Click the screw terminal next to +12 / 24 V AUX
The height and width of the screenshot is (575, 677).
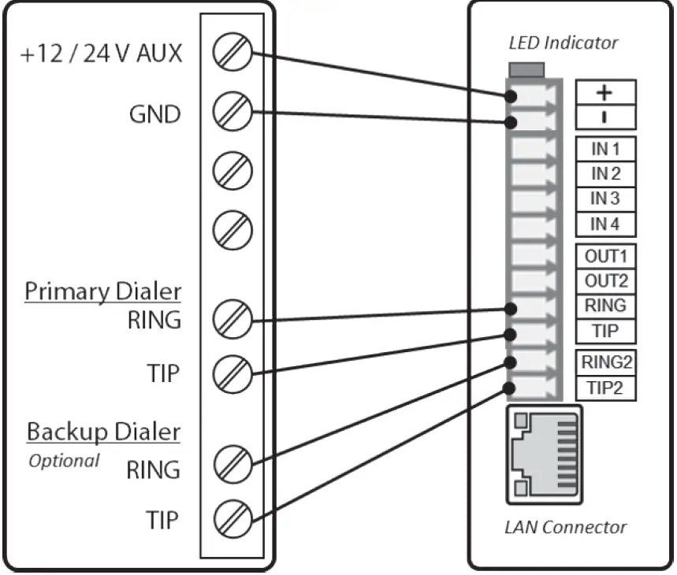click(x=232, y=53)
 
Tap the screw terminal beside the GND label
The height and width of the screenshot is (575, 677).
click(x=232, y=111)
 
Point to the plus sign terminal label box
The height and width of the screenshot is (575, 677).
click(x=604, y=93)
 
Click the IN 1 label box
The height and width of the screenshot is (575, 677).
click(x=604, y=148)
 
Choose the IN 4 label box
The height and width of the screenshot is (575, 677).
click(x=604, y=224)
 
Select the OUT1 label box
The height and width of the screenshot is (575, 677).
click(x=604, y=256)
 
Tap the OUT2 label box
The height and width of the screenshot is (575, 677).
click(x=604, y=280)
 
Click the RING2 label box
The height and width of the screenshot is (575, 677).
click(x=604, y=362)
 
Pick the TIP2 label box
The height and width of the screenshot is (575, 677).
click(x=604, y=388)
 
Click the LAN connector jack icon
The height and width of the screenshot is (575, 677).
click(x=544, y=454)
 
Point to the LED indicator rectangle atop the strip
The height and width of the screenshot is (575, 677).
click(x=528, y=70)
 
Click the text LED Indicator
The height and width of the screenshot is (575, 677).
click(x=563, y=43)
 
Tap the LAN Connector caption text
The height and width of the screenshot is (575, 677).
click(x=565, y=527)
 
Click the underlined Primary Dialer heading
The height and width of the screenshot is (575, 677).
click(x=102, y=291)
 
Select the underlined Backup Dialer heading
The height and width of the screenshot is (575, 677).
click(x=103, y=432)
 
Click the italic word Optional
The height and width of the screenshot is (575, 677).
click(x=64, y=461)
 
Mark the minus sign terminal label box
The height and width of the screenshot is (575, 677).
click(x=604, y=117)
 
